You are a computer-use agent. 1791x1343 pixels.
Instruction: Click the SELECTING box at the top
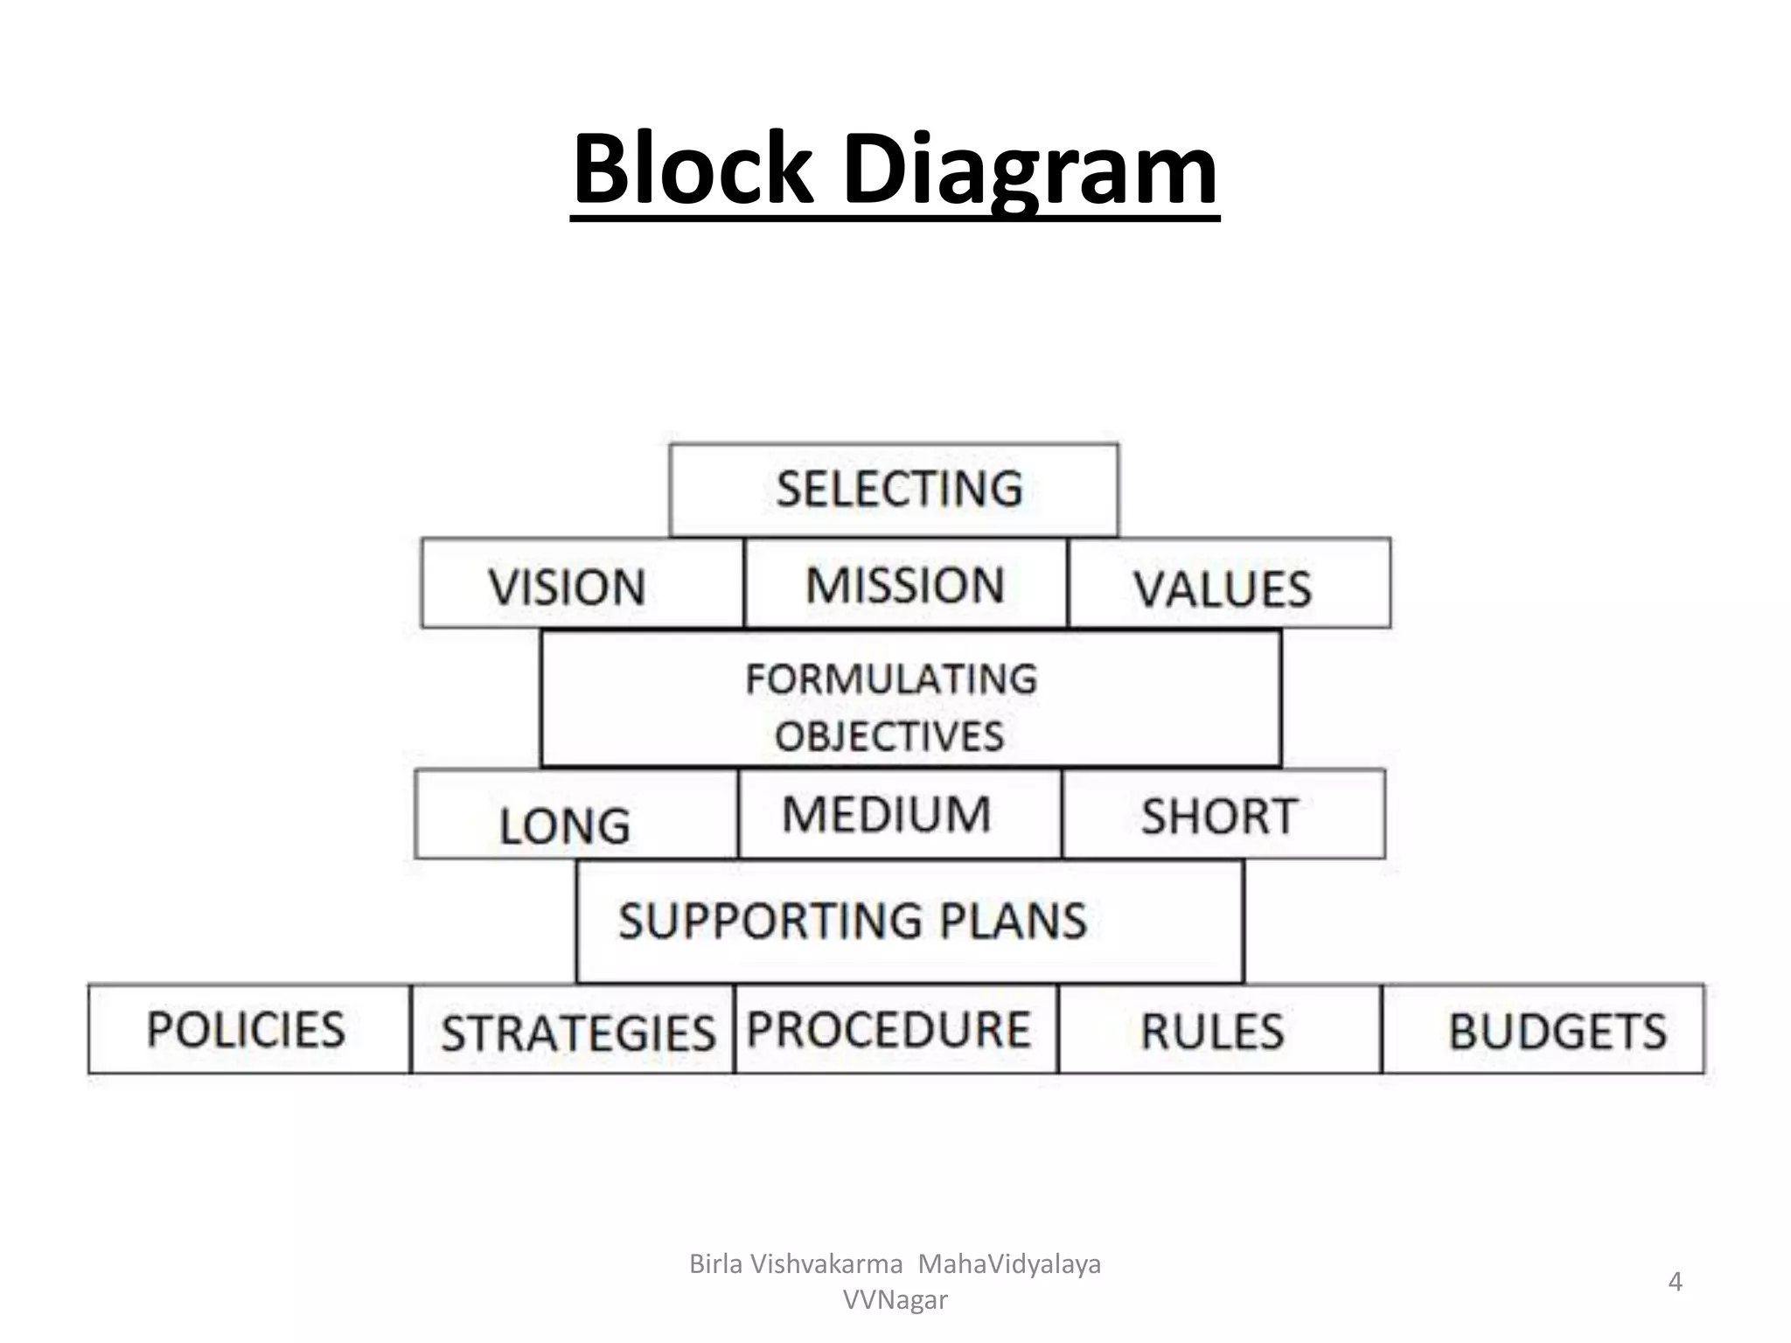click(x=894, y=489)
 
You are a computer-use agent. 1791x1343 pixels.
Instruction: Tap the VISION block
click(x=582, y=583)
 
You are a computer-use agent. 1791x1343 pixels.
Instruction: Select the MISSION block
click(x=905, y=583)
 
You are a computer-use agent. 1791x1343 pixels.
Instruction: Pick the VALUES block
click(x=1229, y=584)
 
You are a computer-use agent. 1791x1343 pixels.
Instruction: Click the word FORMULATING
click(x=891, y=679)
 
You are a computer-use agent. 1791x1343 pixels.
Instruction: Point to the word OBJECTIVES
click(x=889, y=736)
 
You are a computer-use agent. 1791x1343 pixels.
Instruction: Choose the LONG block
click(x=576, y=815)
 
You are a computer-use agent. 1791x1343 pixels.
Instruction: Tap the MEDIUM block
click(x=899, y=814)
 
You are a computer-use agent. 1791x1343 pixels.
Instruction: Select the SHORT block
click(x=1223, y=815)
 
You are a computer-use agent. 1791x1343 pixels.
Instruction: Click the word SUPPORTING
click(x=770, y=921)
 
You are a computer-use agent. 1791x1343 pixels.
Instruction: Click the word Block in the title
click(x=691, y=169)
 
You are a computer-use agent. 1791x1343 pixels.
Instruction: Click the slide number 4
click(x=1675, y=1282)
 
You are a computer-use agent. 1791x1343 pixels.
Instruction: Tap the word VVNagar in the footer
click(x=895, y=1300)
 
